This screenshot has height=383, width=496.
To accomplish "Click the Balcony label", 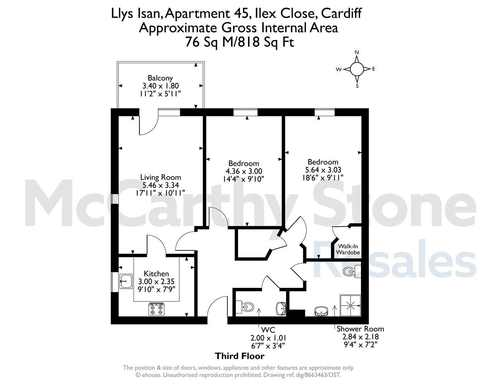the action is click(x=160, y=78).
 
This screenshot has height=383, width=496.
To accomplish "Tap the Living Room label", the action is click(x=160, y=177).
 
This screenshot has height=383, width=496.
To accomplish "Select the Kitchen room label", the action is click(x=156, y=273).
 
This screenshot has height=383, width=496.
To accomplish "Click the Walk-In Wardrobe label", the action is click(x=348, y=249).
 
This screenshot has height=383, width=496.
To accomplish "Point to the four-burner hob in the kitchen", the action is click(x=156, y=309).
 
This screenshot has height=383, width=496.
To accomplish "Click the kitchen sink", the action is click(x=126, y=281).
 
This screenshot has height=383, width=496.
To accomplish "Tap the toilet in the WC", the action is click(x=244, y=307).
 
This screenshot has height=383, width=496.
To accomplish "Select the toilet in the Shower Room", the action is click(x=352, y=271).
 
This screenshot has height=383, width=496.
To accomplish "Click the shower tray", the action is click(x=351, y=305).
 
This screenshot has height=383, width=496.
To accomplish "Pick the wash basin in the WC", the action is click(x=281, y=309).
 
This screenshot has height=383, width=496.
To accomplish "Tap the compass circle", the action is click(x=357, y=69).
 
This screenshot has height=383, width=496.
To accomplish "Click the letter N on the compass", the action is click(x=357, y=52).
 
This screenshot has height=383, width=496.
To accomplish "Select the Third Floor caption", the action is click(x=240, y=356).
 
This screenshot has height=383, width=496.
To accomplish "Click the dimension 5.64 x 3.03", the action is click(x=323, y=170).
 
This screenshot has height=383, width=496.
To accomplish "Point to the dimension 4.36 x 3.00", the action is click(x=244, y=171).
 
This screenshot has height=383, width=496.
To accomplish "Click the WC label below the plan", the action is click(x=268, y=330).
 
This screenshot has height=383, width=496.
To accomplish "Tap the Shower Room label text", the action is click(x=360, y=329).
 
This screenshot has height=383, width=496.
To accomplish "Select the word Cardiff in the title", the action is click(x=341, y=13).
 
